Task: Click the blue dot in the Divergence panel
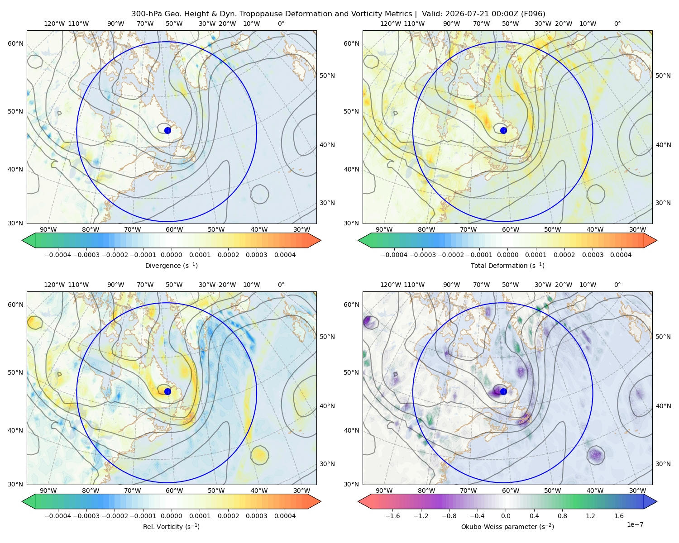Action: click(x=167, y=130)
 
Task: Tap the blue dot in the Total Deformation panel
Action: click(x=503, y=130)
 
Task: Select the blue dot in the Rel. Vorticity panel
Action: click(x=167, y=391)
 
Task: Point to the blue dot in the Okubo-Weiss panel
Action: click(x=503, y=391)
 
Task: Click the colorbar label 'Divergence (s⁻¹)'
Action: click(x=171, y=265)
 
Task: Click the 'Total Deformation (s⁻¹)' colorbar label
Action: click(x=507, y=265)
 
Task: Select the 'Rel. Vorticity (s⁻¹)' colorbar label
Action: click(x=171, y=526)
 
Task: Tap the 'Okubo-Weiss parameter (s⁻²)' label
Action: click(x=507, y=526)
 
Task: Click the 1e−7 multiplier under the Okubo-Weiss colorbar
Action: click(x=635, y=524)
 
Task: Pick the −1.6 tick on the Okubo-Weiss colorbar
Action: click(x=392, y=516)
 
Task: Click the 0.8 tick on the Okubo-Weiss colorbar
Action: click(x=562, y=516)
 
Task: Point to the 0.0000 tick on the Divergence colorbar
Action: click(x=171, y=255)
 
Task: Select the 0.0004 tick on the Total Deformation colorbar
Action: click(x=621, y=255)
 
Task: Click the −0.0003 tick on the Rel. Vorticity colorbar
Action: click(x=86, y=516)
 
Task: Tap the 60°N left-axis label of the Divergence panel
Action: click(x=15, y=43)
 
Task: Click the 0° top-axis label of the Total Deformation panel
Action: click(x=617, y=24)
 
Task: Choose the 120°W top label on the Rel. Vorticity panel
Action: click(x=54, y=285)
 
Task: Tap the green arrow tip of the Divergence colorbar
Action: click(x=22, y=240)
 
